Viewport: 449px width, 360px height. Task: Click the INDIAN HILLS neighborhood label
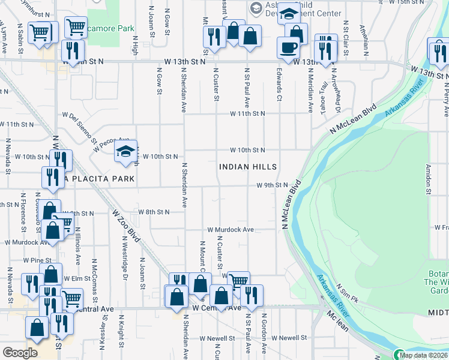(x=248, y=167)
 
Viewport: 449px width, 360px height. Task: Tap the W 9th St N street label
(x=273, y=185)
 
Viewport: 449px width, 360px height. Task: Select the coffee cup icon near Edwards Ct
(x=288, y=48)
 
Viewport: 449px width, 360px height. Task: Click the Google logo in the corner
(x=20, y=353)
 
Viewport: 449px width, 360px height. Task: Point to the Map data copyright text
(x=424, y=355)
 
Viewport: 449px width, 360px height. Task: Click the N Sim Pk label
(x=348, y=293)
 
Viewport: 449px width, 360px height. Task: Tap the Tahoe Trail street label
(x=324, y=89)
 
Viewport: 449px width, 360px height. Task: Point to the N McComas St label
(x=94, y=274)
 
